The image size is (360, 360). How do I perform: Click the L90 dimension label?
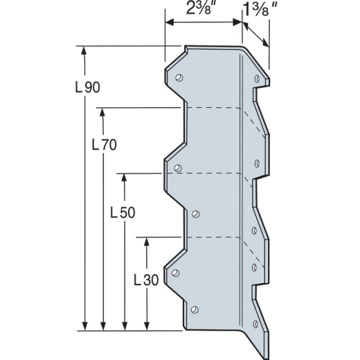(x=87, y=88)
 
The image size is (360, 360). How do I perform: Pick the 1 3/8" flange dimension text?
(x=260, y=9)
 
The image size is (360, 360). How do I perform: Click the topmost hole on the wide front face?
(x=179, y=78)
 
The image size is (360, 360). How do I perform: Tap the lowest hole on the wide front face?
(x=195, y=309)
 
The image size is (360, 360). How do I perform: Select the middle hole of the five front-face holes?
(x=195, y=214)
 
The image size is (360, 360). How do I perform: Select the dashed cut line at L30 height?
(x=211, y=237)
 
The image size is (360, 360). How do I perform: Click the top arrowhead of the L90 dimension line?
(x=84, y=51)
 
